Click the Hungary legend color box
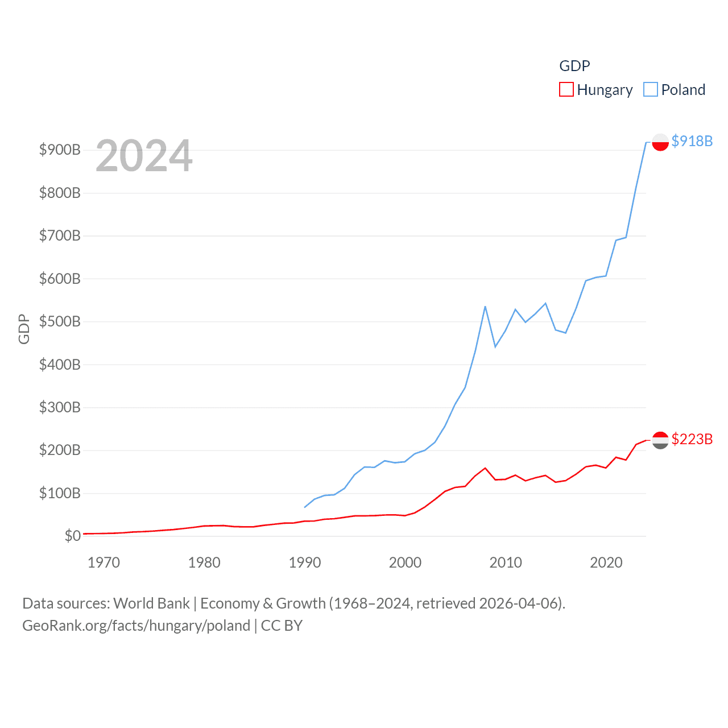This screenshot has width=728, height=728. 566,90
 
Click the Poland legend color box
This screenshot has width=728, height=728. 651,90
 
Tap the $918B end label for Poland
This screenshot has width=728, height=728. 692,141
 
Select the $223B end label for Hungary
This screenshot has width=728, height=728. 692,439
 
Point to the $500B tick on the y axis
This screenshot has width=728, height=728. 60,321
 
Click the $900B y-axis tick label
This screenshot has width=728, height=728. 60,150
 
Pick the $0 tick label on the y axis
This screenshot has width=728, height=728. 72,536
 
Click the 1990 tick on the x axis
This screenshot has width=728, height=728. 305,562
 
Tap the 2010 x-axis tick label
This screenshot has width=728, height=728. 506,562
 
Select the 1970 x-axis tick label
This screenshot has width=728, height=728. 104,562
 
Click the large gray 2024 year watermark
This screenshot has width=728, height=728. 144,156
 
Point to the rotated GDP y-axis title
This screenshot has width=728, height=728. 24,329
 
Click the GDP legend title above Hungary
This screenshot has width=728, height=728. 574,66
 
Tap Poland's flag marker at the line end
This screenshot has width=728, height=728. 660,142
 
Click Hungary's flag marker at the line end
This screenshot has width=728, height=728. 660,440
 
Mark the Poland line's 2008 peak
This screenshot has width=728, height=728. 485,307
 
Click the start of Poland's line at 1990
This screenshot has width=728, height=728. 305,507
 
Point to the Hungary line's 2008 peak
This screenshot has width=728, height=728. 485,468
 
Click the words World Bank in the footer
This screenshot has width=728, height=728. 151,603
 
